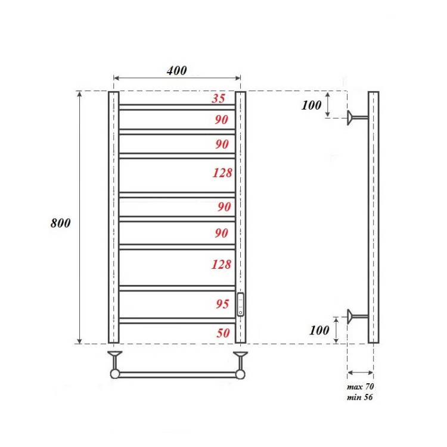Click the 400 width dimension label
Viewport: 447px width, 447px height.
point(177,70)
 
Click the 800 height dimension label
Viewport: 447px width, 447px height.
point(60,223)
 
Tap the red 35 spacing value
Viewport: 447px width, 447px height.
point(219,98)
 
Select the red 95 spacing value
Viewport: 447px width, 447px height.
point(223,304)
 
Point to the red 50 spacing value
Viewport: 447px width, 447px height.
point(223,333)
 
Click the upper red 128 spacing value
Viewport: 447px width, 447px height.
point(222,173)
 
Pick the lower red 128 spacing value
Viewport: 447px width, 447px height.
point(221,265)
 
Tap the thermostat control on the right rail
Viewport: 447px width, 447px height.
point(241,305)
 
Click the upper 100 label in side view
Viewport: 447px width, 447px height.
point(311,105)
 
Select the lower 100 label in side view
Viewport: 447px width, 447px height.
point(319,330)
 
